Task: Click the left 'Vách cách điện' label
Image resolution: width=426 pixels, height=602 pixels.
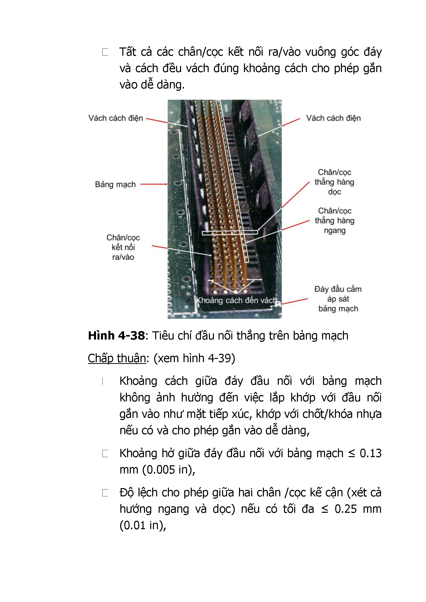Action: (x=116, y=118)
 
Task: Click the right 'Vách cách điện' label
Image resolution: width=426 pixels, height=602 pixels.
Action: (x=333, y=118)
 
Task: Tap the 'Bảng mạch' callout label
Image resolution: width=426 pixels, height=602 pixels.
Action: (x=115, y=184)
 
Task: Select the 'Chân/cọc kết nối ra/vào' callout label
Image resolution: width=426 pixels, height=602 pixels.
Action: (x=123, y=247)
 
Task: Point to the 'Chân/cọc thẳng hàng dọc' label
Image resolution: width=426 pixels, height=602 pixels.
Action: (x=334, y=182)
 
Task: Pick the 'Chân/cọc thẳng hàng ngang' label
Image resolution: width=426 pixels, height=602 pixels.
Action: (x=334, y=220)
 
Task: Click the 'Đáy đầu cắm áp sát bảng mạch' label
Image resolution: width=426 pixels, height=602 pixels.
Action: (x=338, y=299)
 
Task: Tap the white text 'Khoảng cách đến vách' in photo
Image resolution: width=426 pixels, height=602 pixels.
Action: (x=236, y=300)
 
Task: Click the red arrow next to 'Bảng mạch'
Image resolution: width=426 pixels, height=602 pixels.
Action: (x=154, y=184)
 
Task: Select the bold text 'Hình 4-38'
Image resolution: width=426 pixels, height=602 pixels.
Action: (x=116, y=336)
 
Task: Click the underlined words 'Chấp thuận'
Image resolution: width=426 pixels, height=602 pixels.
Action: (x=117, y=358)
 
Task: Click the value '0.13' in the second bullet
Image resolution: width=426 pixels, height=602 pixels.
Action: (x=370, y=453)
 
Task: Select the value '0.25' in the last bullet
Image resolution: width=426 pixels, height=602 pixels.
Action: (x=345, y=509)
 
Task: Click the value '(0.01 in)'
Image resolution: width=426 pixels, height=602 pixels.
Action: (x=143, y=525)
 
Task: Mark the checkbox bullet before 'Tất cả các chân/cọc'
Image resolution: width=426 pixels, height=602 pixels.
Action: (x=105, y=52)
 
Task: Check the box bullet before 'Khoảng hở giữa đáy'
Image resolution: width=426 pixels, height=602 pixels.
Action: (x=105, y=453)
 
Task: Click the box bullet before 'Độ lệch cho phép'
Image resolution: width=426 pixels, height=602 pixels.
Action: (x=105, y=493)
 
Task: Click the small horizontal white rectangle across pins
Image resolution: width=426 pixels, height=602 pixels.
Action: (x=230, y=232)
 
